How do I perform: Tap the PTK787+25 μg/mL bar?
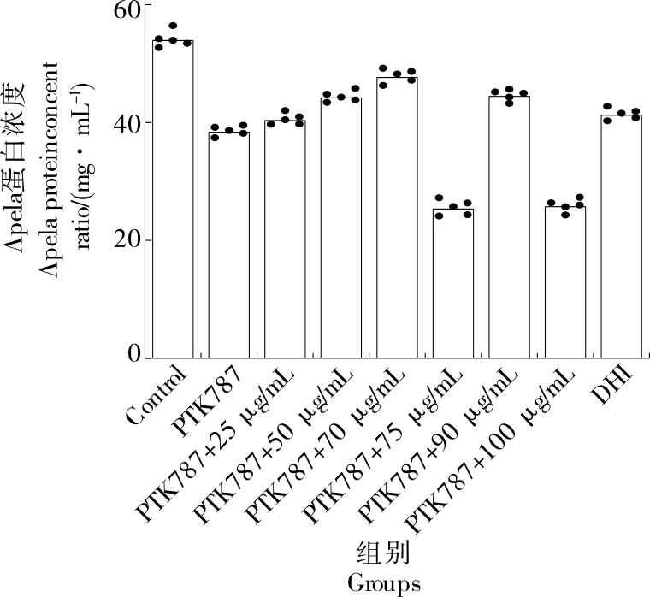[x=285, y=239]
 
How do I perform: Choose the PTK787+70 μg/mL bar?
[x=398, y=218]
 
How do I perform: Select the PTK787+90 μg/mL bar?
[x=510, y=228]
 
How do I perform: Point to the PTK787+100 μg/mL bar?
[x=565, y=282]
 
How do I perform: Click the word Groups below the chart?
[x=384, y=583]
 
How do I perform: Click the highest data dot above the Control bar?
[x=173, y=27]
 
